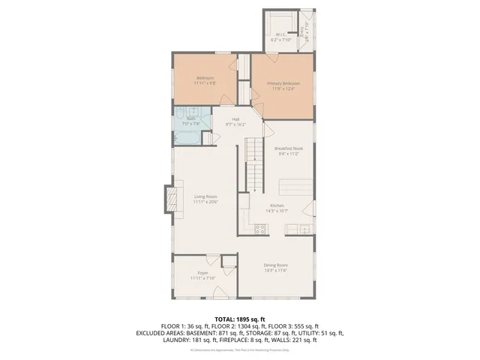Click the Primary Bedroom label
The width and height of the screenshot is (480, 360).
click(283, 82)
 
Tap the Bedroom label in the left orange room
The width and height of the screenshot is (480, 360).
click(205, 78)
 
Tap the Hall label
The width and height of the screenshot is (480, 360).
click(235, 119)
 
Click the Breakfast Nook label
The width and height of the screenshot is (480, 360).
click(288, 148)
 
